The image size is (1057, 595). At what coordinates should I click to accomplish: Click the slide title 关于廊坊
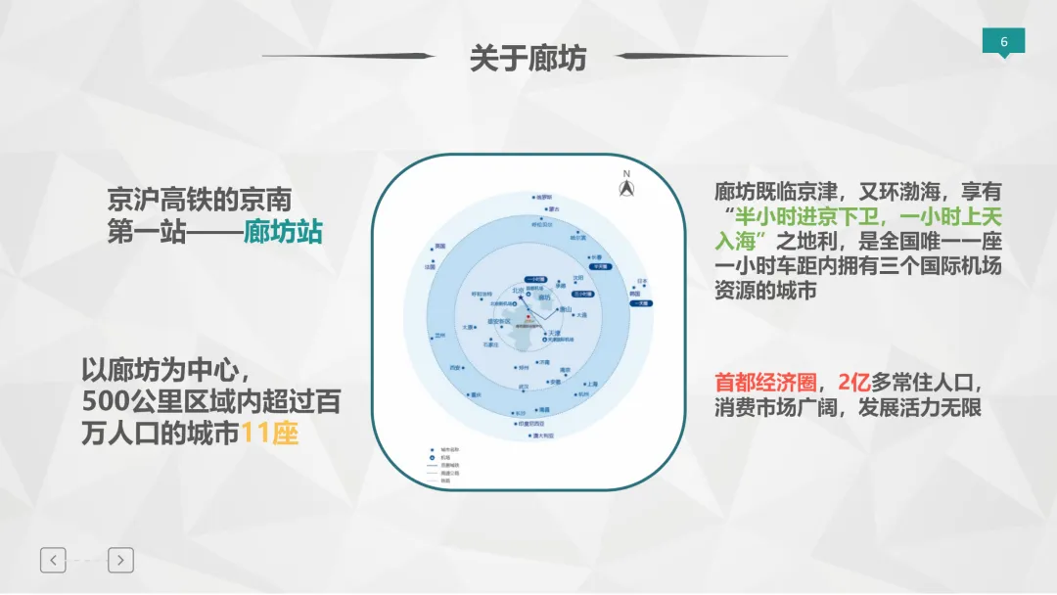click(x=528, y=58)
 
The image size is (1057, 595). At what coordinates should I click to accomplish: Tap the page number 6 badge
click(x=1003, y=42)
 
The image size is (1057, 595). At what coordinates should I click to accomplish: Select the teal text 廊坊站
click(x=283, y=234)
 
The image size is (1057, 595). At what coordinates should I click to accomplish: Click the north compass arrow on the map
click(x=626, y=188)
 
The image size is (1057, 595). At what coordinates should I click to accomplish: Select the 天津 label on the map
click(x=554, y=333)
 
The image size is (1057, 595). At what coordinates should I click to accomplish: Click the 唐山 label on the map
click(x=567, y=310)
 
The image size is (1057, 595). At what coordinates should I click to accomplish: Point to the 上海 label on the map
click(x=590, y=385)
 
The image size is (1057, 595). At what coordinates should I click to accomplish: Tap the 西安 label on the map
click(x=455, y=368)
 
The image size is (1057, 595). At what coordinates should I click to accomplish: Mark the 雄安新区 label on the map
click(x=498, y=321)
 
